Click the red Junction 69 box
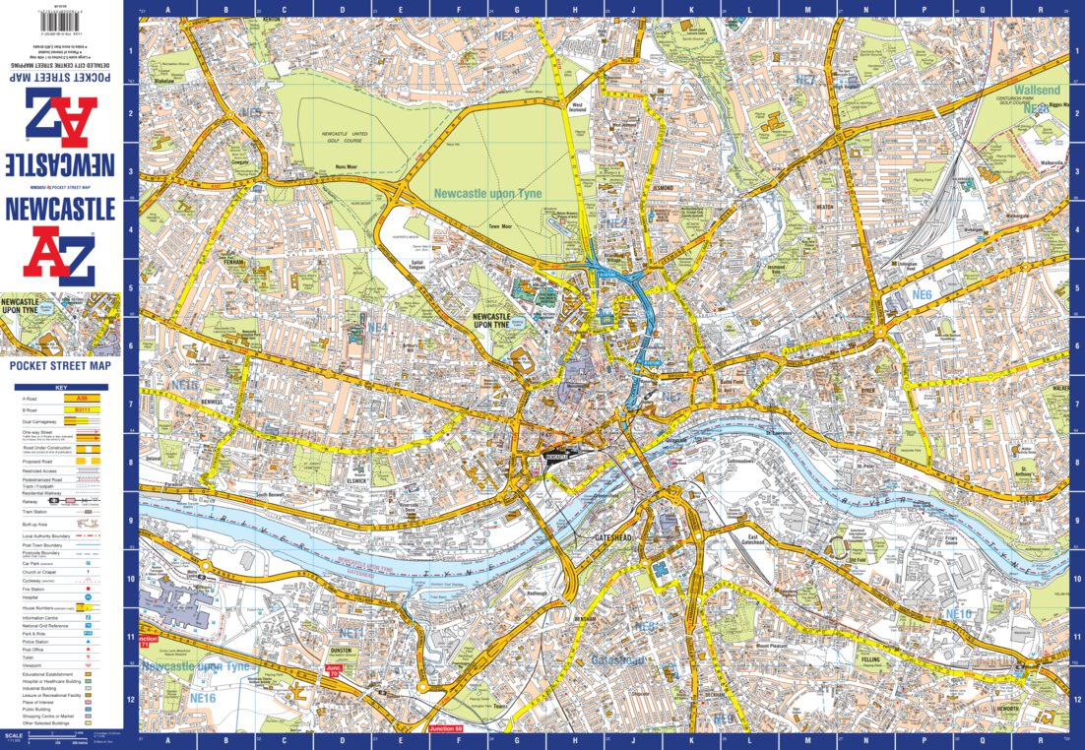point(459,728)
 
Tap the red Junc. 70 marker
point(334,671)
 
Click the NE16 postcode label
point(202,698)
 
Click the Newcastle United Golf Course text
point(344,135)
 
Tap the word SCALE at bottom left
point(13,734)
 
